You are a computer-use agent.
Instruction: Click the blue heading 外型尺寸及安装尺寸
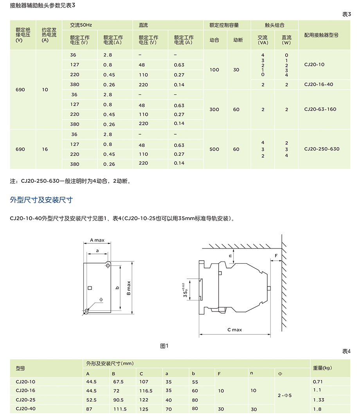(41, 200)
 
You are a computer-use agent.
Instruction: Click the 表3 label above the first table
(347, 14)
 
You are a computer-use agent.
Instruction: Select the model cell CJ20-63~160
(320, 110)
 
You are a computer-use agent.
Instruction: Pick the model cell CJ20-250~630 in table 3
(322, 149)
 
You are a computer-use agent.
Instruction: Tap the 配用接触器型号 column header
(321, 35)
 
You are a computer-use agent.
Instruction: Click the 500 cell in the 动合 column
(214, 149)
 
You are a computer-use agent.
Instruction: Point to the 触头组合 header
(275, 25)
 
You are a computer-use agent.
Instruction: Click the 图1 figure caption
(164, 346)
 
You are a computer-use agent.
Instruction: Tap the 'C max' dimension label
(235, 330)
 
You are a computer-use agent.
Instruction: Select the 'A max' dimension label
(97, 240)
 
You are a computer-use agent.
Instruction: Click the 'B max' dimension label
(129, 288)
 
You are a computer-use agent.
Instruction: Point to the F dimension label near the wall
(276, 256)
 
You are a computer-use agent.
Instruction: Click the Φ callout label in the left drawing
(101, 299)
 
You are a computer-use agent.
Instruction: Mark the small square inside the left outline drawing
(90, 288)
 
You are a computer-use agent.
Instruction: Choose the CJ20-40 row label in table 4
(25, 409)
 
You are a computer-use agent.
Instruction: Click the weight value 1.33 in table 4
(319, 400)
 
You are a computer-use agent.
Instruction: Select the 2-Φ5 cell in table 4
(285, 396)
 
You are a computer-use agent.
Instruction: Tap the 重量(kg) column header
(322, 368)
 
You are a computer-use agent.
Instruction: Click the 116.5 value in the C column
(146, 391)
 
